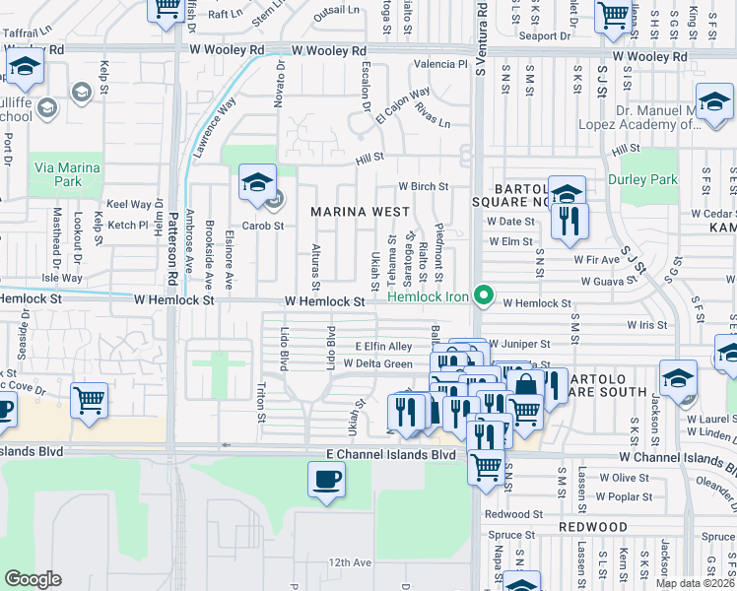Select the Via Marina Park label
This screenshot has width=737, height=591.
click(x=66, y=174)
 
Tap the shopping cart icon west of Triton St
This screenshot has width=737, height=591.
click(x=90, y=401)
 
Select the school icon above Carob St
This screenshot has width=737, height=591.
click(x=256, y=183)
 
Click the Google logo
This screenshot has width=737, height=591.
click(x=33, y=579)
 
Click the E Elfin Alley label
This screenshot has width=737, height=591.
click(x=383, y=347)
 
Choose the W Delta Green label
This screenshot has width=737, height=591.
click(x=377, y=364)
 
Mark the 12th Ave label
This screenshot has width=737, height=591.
click(x=350, y=562)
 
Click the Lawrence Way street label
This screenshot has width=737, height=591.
click(x=216, y=128)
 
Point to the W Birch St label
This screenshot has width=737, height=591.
click(x=423, y=186)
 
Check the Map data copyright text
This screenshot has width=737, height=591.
click(x=696, y=583)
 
